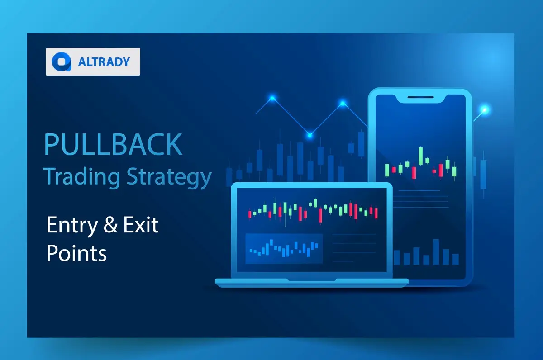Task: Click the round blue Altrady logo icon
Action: tap(62, 62)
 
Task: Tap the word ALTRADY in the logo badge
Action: tap(104, 62)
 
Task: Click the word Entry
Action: tap(71, 225)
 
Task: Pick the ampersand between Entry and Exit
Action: tap(111, 225)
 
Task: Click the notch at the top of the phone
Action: tap(419, 97)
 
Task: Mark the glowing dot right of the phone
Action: tap(485, 109)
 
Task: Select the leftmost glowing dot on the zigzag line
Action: tap(272, 98)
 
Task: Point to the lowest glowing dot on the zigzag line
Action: tap(310, 134)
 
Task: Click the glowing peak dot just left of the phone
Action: tap(343, 104)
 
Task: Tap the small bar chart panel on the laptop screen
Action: tap(284, 248)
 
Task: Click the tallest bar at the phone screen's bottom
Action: tap(436, 252)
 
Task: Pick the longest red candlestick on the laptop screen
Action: tap(320, 215)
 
